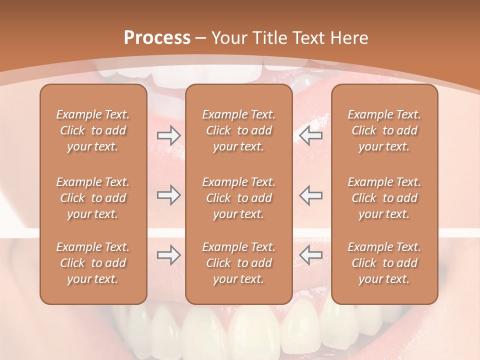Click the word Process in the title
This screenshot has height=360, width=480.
pos(157,38)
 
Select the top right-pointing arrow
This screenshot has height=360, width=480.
pos(168,135)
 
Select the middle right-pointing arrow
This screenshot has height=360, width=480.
pos(168,195)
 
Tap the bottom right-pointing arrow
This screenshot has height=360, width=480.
pos(168,255)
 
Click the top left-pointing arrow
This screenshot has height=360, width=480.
pos(310,135)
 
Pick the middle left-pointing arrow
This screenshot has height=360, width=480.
pos(310,195)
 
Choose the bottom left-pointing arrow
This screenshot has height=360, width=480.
pos(310,255)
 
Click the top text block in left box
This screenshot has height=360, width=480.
pos(93,130)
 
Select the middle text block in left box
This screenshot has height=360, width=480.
pos(93,198)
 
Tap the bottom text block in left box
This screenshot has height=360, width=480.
pos(93,263)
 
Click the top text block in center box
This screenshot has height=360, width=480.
pos(239,130)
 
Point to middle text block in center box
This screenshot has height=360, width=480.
pos(239,198)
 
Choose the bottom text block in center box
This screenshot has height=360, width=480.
pos(239,263)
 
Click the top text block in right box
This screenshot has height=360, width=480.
pos(384,130)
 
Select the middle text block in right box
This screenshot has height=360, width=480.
pos(384,198)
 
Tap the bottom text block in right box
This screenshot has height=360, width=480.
pos(384,263)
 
